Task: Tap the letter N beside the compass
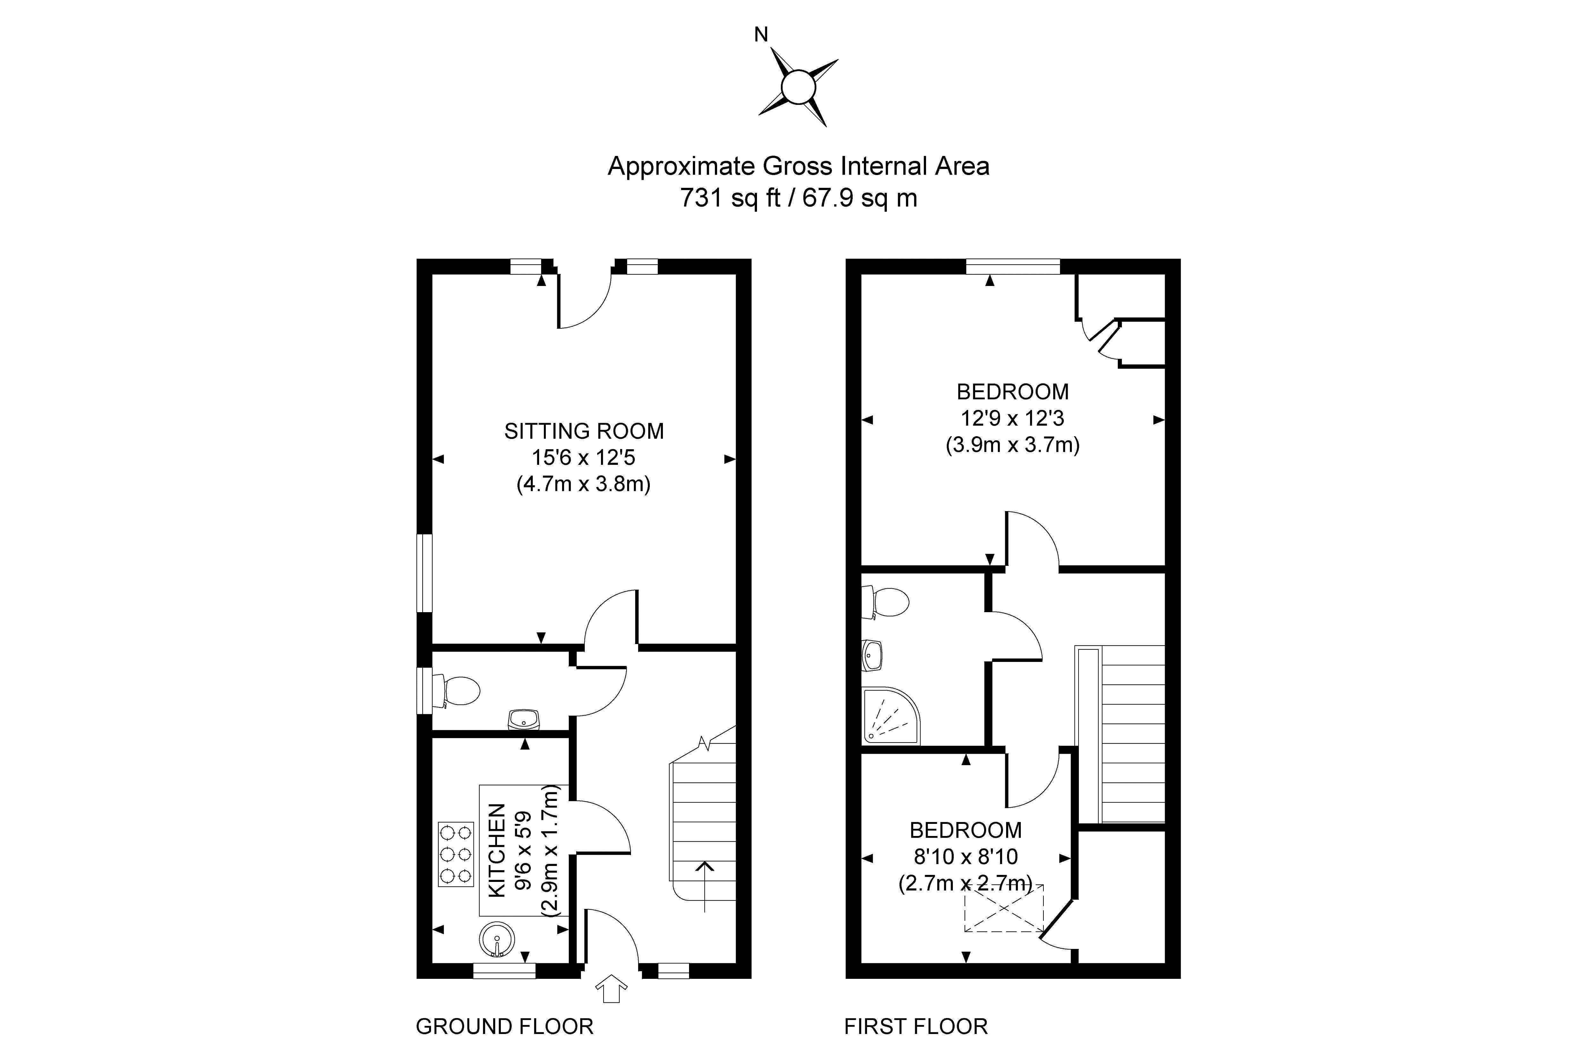coord(761,34)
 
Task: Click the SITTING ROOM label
coord(584,431)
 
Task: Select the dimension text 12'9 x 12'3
coord(1013,418)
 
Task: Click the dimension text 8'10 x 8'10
coord(966,857)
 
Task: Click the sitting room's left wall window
coord(425,573)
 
